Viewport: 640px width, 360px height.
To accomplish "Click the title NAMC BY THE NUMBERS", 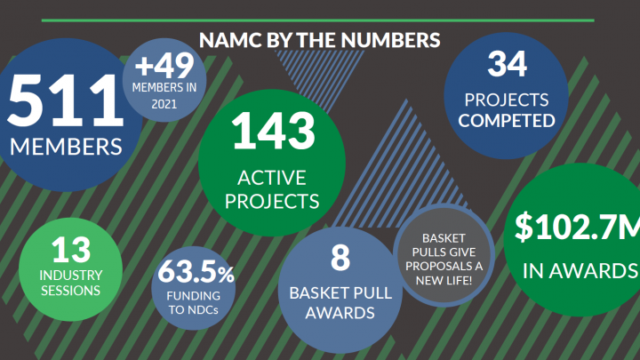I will (x=320, y=40).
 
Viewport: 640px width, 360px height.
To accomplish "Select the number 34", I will (x=508, y=64).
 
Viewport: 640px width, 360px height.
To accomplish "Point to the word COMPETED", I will (x=508, y=120).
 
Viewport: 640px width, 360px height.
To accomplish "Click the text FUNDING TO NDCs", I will (x=196, y=302).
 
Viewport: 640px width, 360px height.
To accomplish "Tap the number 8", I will (x=338, y=258).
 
